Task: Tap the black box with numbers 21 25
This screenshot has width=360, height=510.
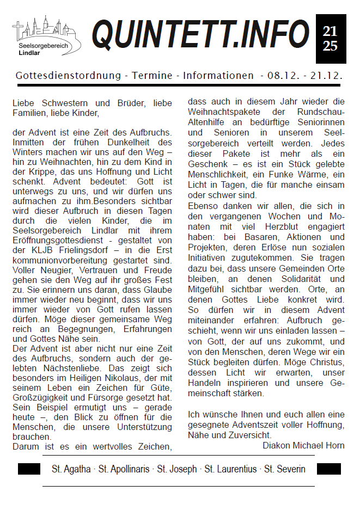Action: click(x=331, y=39)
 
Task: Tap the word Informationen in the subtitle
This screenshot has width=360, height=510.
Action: click(x=218, y=76)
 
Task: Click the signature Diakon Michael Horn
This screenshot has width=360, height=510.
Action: click(x=303, y=445)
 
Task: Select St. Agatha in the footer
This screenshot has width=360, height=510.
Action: click(x=71, y=469)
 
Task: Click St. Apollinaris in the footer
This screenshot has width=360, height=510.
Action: click(x=124, y=469)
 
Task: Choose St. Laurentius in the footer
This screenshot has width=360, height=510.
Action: click(x=230, y=469)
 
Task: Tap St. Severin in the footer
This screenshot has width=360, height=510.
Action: click(x=285, y=469)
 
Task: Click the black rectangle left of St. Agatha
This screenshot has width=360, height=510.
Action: click(x=29, y=469)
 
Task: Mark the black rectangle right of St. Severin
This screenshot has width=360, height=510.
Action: click(x=329, y=469)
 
